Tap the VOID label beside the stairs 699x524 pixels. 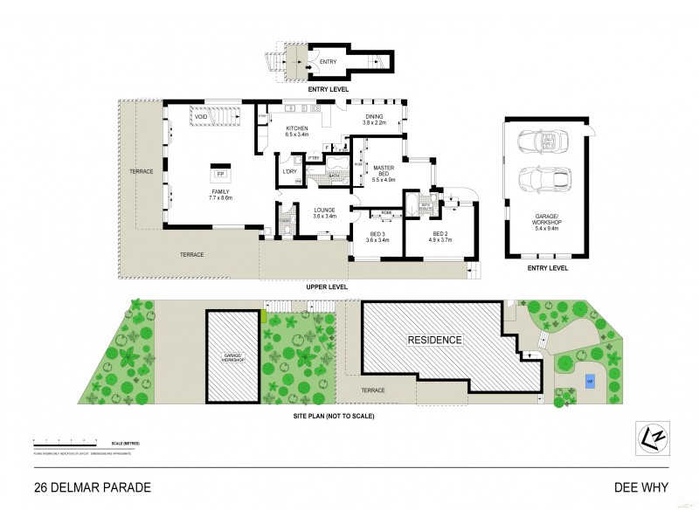click(x=201, y=116)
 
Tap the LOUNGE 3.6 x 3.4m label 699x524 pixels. click(x=325, y=211)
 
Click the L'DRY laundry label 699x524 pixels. click(x=289, y=170)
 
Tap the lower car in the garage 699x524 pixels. click(x=542, y=180)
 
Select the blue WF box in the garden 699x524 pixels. click(x=589, y=382)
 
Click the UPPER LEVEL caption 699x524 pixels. click(x=327, y=286)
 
